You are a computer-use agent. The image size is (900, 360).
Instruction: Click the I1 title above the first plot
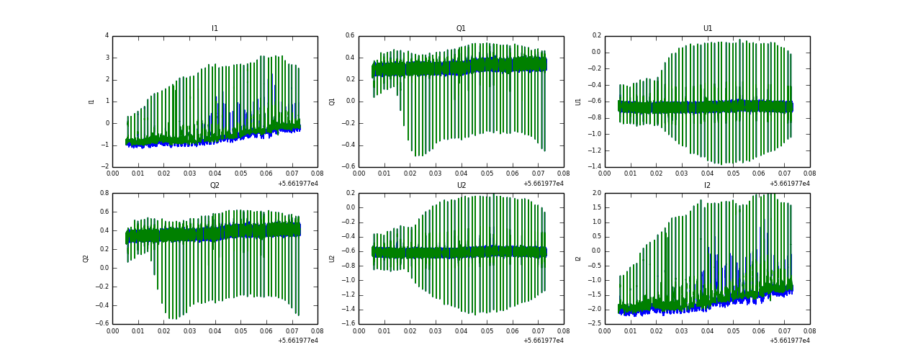[x=215, y=29]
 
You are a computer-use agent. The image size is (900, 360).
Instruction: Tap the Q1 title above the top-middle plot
[x=461, y=29]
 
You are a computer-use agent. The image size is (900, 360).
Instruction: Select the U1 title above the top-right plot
[x=708, y=29]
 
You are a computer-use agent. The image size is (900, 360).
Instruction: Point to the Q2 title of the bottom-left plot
[x=215, y=186]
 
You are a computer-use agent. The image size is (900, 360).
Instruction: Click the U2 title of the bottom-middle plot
[x=461, y=186]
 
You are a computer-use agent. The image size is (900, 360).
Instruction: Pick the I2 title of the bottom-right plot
[x=708, y=186]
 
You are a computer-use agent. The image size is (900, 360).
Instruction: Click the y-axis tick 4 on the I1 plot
[x=107, y=35]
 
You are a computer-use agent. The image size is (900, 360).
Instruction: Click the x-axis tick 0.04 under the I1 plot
[x=215, y=174]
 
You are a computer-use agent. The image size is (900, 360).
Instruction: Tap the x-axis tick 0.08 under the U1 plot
[x=809, y=174]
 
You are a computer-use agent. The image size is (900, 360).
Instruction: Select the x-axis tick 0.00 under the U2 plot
[x=359, y=331]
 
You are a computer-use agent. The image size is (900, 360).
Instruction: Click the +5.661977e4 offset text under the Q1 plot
[x=544, y=183]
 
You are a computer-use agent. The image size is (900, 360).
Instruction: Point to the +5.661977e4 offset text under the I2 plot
[x=790, y=340]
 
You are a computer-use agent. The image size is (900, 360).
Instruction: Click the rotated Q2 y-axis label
[x=86, y=258]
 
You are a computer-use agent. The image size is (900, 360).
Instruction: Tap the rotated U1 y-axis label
[x=578, y=102]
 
